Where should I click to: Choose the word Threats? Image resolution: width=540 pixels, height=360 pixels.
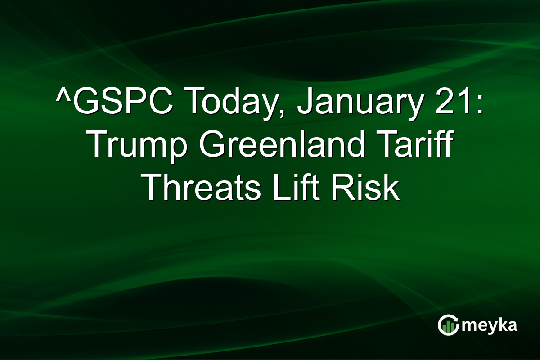click(x=201, y=189)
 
